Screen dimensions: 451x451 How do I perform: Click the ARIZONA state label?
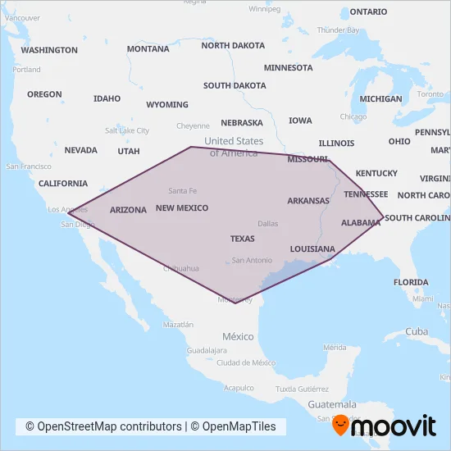coord(128,210)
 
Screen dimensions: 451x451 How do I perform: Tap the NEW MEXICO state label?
coord(182,208)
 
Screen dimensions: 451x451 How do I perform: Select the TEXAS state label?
coord(242,239)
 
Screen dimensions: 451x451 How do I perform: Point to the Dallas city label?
coord(267,223)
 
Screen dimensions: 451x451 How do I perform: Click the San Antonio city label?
coord(252,260)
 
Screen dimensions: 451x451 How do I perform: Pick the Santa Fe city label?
coord(182,190)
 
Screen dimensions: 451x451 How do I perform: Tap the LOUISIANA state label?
coord(312,248)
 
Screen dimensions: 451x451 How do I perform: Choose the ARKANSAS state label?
coord(308,200)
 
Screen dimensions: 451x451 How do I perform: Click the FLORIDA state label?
coord(411,282)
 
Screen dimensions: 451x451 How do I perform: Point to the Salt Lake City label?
coord(127,130)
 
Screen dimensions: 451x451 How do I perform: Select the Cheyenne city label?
coord(193,126)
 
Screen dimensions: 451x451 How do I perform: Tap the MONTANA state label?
coord(148,49)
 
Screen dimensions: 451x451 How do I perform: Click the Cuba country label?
coord(417,331)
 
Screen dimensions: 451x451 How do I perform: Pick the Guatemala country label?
coord(332,404)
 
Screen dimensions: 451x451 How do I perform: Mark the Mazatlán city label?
coord(178,325)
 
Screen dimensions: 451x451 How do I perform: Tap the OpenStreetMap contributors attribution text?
coord(103,426)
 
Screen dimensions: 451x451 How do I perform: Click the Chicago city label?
coord(353,116)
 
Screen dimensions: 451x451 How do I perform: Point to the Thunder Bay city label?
coord(338,30)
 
